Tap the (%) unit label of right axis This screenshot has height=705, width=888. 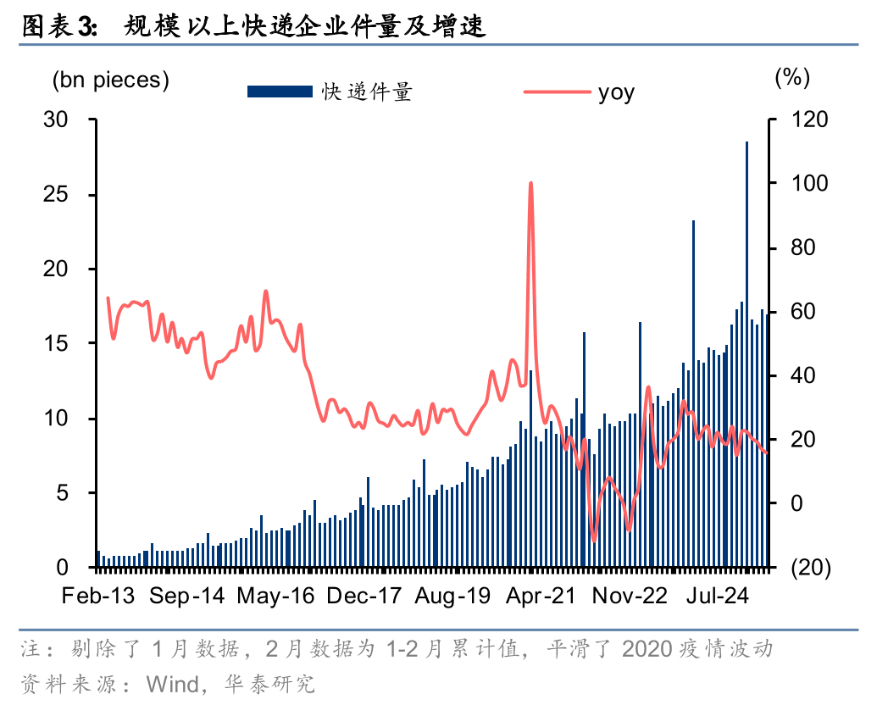tap(792, 77)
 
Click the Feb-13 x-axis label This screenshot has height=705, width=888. tap(98, 596)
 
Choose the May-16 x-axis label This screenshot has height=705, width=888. tap(275, 596)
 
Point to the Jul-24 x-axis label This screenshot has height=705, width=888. tap(716, 596)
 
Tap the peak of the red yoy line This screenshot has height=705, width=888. tap(530, 183)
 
